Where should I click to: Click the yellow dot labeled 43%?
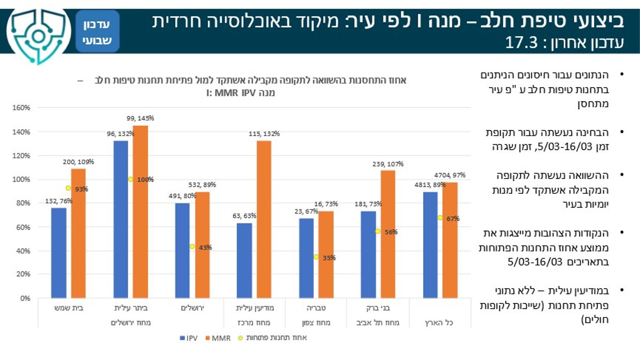192,247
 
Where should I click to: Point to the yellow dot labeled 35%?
316,257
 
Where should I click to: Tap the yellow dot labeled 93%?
68,188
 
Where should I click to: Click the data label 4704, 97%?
450,175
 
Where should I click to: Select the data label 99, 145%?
140,118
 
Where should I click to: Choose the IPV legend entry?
188,339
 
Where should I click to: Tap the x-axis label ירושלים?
192,308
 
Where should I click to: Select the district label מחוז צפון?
316,323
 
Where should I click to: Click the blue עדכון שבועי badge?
97,32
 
